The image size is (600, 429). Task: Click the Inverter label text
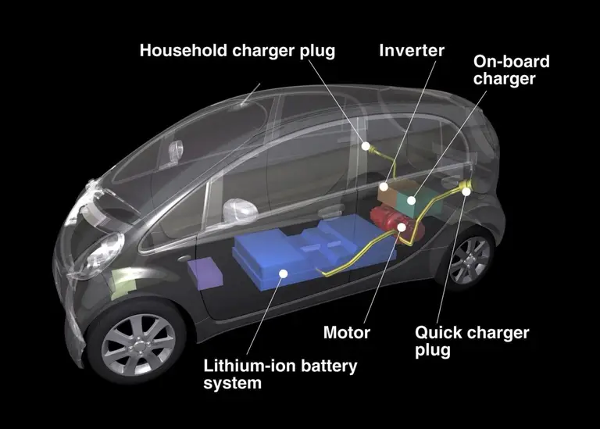tap(412, 51)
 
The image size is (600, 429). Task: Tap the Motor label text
tap(347, 332)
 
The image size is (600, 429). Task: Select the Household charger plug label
tap(237, 51)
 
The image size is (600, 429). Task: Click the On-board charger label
tap(511, 70)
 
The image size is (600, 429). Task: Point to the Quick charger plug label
tap(472, 341)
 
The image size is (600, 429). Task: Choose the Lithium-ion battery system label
tap(280, 374)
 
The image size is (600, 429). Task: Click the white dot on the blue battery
tap(283, 273)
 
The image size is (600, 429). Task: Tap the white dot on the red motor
tap(402, 227)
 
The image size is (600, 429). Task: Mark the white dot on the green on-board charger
tap(412, 200)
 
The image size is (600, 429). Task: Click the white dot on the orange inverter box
tap(384, 187)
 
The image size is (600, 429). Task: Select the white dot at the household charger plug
tap(366, 146)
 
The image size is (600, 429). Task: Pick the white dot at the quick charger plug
tap(466, 191)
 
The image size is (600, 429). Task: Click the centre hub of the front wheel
tap(138, 346)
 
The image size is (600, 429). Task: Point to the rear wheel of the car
tap(469, 259)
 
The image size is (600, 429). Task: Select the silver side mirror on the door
tap(240, 210)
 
